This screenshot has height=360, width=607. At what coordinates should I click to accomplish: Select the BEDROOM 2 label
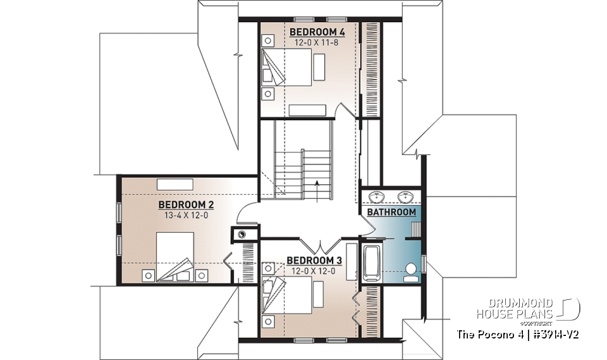point(186,204)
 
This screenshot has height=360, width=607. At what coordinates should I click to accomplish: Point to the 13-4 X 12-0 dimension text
point(186,215)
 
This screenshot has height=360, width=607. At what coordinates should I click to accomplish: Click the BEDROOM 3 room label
point(314,260)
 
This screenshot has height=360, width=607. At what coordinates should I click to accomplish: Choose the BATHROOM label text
point(391,212)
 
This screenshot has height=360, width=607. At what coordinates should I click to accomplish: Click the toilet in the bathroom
point(411,271)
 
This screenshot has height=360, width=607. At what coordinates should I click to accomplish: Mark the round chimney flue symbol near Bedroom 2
point(242,235)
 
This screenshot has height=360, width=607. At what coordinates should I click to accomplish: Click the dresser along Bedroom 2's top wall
point(175,183)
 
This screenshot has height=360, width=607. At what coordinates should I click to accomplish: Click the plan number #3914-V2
point(556,333)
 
